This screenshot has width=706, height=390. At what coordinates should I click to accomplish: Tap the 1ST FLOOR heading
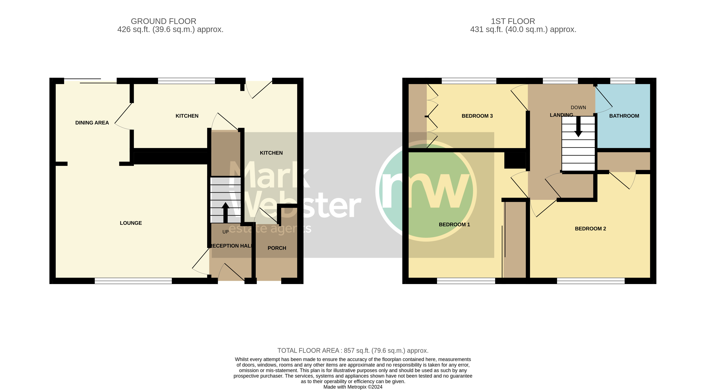[513, 21]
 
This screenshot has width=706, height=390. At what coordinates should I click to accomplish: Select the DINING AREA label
[92, 123]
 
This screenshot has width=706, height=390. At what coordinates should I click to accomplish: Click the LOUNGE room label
[131, 223]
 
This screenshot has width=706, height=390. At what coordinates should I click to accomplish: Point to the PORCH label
[277, 248]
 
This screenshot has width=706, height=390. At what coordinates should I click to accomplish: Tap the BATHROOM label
[624, 116]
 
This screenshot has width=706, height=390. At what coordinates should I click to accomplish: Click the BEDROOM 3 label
[477, 116]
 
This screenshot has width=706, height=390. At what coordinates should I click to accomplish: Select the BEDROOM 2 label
[590, 228]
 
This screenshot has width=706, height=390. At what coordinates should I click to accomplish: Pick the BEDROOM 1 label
[454, 224]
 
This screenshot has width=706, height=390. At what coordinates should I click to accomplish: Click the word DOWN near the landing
[578, 107]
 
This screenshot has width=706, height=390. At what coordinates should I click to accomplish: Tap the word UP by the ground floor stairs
[225, 232]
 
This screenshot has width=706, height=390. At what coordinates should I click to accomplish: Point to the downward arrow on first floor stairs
[578, 127]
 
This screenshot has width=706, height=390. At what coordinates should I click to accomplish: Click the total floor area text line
[353, 350]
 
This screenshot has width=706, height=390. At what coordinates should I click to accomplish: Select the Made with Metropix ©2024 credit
[353, 387]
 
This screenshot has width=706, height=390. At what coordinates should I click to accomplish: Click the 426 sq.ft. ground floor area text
[170, 29]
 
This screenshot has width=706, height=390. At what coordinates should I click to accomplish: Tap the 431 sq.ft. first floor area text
[523, 29]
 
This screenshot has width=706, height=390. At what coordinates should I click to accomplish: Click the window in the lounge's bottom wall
[133, 281]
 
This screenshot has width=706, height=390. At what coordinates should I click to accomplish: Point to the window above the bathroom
[623, 81]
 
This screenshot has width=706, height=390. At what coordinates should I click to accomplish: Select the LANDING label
[561, 115]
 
